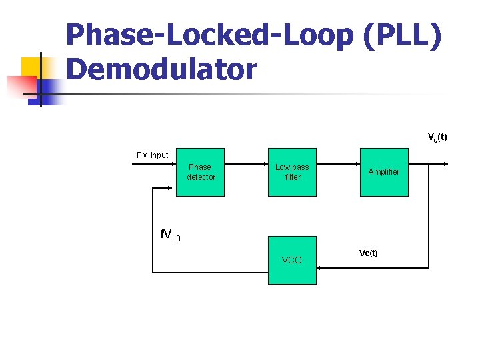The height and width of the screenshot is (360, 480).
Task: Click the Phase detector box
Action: pyautogui.click(x=200, y=172)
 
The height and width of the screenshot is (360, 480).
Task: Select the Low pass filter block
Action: pyautogui.click(x=292, y=172)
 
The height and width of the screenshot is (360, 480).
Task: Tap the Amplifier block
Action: pyautogui.click(x=384, y=172)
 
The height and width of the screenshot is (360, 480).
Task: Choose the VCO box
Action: pyautogui.click(x=292, y=260)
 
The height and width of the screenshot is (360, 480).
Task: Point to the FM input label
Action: pyautogui.click(x=153, y=155)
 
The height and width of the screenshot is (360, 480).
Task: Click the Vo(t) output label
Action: pyautogui.click(x=437, y=138)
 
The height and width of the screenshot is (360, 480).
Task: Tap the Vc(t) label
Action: pyautogui.click(x=368, y=253)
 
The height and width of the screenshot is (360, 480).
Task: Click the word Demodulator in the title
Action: pyautogui.click(x=161, y=69)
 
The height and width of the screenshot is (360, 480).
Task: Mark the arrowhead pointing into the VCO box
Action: pyautogui.click(x=320, y=268)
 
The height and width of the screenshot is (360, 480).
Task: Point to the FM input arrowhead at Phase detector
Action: pyautogui.click(x=172, y=163)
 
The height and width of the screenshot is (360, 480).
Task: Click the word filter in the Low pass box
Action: pyautogui.click(x=293, y=177)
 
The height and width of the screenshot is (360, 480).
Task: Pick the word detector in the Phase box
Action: pyautogui.click(x=201, y=177)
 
